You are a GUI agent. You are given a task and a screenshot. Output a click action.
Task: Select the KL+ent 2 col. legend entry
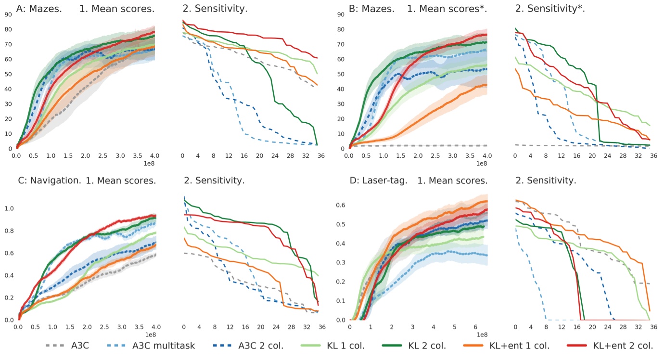tap(622, 346)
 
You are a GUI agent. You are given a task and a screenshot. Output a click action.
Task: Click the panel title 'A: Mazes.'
tap(39, 8)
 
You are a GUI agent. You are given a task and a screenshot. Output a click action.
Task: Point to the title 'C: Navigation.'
tap(49, 181)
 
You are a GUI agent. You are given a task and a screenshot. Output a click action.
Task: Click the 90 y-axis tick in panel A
tap(8, 14)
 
